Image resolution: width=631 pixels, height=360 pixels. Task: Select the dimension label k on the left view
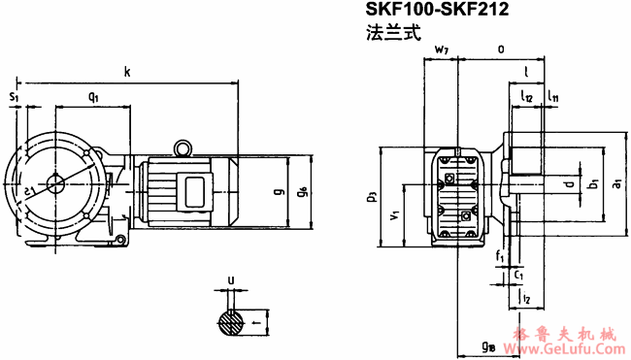pyautogui.click(x=127, y=71)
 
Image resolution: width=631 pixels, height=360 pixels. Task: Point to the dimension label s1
pyautogui.click(x=14, y=97)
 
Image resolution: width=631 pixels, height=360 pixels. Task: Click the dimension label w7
pyautogui.click(x=442, y=49)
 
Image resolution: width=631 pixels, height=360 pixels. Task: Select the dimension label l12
pyautogui.click(x=527, y=97)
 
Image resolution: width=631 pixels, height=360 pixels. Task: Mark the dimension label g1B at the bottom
pyautogui.click(x=488, y=345)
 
